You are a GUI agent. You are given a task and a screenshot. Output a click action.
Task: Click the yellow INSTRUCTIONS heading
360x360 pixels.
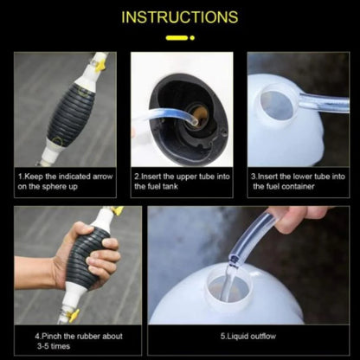click(x=180, y=17)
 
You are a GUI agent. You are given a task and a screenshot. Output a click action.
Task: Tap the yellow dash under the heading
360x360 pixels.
click(x=180, y=38)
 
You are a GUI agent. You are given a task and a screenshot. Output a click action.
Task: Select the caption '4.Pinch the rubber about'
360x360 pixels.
click(x=79, y=336)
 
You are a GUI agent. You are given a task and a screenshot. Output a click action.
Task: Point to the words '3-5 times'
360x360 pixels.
click(x=54, y=347)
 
